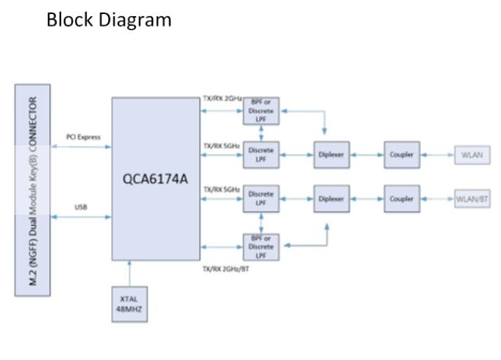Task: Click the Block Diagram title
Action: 109,20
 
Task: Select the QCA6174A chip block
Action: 155,179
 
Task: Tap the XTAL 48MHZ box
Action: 130,303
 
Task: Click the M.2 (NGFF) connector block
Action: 32,189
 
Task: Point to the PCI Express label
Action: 83,137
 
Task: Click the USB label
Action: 81,207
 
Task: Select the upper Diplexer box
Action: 331,154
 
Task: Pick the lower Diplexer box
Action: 331,199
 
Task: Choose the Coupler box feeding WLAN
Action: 401,154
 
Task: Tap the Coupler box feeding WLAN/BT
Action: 401,199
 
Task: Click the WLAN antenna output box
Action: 472,154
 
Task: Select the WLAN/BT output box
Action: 472,199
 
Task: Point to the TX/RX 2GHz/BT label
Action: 225,269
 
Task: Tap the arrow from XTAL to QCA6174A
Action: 130,273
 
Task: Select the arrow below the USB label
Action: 81,218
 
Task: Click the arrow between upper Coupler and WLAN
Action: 437,154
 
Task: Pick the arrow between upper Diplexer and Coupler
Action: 366,154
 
